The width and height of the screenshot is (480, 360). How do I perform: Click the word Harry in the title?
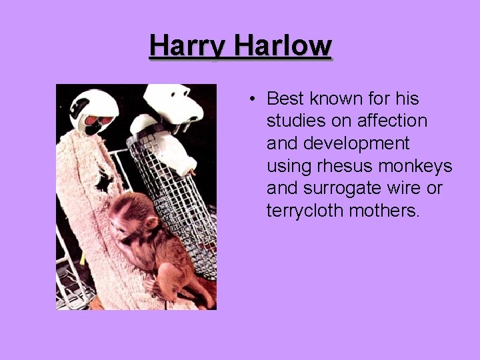pos(187,47)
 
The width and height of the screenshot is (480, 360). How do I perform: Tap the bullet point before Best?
pos(251,99)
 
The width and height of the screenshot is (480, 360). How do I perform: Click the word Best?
pos(285,99)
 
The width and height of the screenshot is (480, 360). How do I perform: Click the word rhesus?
pos(347,166)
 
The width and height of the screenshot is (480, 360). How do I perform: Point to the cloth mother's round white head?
pos(93,110)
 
